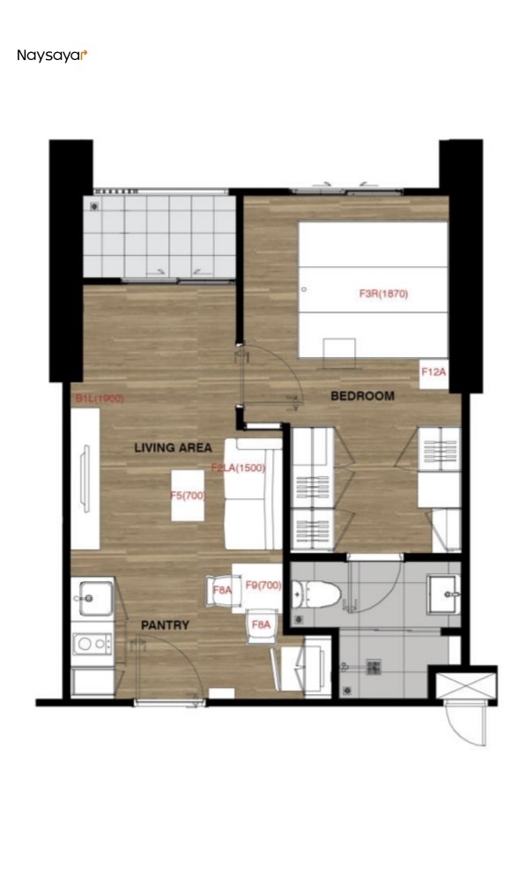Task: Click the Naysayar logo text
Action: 51,56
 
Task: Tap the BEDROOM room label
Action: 362,396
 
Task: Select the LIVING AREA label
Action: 173,448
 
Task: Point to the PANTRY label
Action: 165,625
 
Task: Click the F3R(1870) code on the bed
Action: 383,295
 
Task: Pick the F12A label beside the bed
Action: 433,373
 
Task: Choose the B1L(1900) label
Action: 99,399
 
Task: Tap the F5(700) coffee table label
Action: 188,496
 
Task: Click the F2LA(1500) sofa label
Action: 238,468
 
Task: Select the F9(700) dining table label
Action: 263,585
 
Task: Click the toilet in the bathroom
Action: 319,596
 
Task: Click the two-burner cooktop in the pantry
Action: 92,644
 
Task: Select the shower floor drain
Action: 372,668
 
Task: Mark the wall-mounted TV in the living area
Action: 85,476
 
